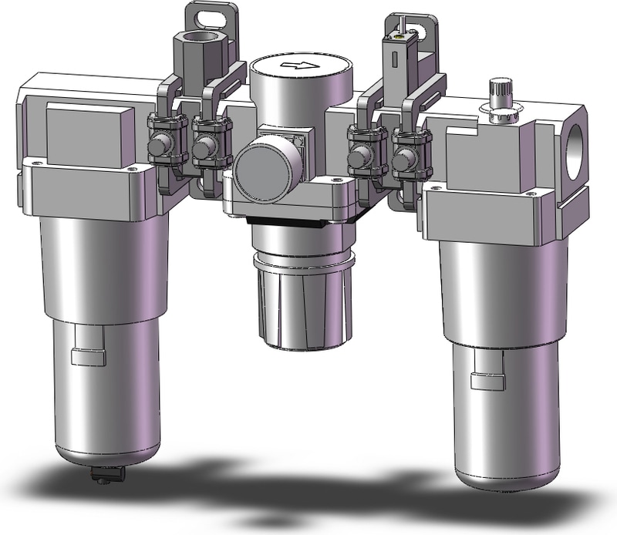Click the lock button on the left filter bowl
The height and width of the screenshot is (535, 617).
point(80,357)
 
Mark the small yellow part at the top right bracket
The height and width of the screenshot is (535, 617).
point(400,35)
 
